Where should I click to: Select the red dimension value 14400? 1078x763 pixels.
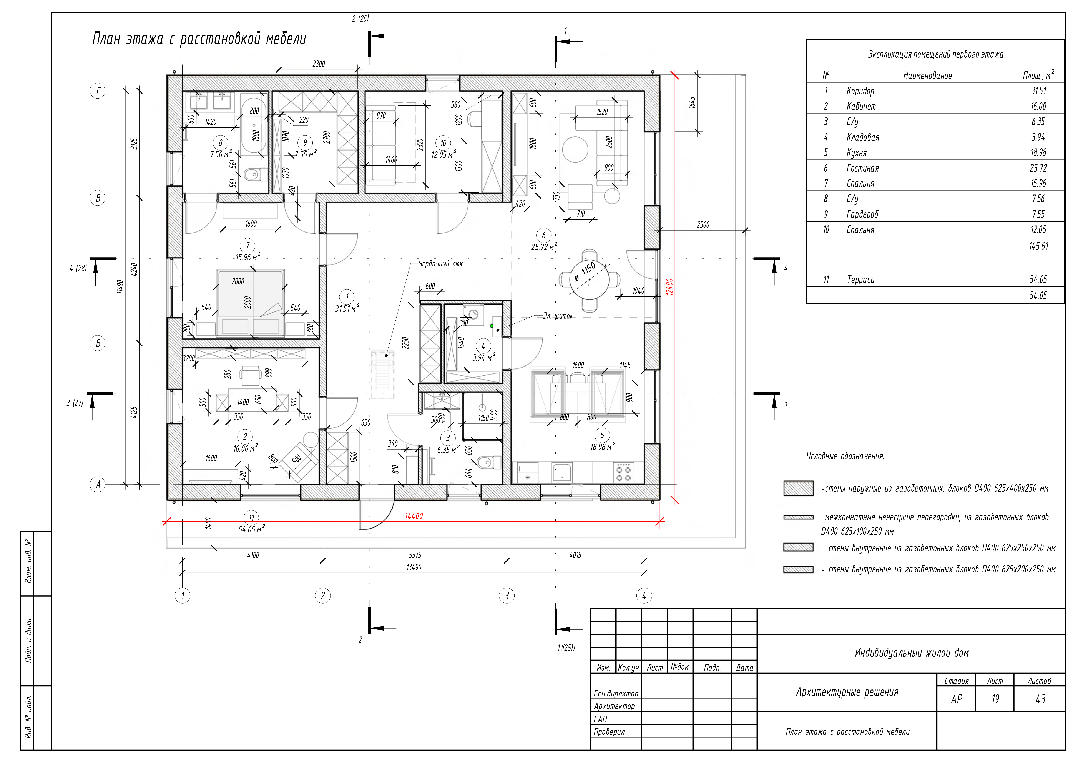(x=414, y=516)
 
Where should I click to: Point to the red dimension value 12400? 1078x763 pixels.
(x=669, y=287)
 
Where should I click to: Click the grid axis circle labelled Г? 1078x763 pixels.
(x=98, y=91)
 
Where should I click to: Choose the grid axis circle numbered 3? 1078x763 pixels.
(x=507, y=596)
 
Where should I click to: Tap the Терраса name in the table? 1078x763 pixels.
(x=861, y=279)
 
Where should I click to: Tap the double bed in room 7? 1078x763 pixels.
(x=250, y=303)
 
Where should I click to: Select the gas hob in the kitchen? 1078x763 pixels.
(x=623, y=472)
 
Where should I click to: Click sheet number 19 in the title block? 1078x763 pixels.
(x=995, y=699)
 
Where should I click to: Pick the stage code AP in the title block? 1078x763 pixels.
(x=956, y=699)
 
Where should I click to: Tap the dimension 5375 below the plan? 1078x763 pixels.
(x=415, y=555)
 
